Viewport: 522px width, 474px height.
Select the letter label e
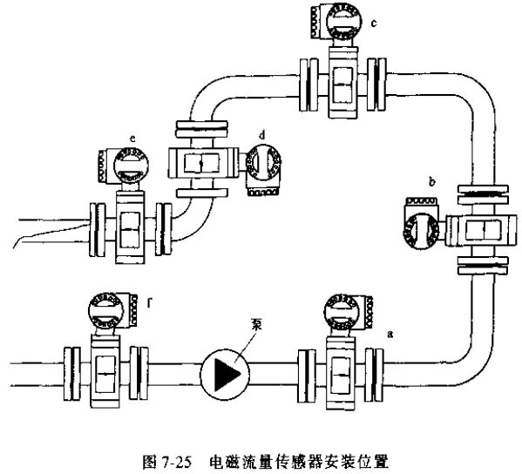click(x=131, y=139)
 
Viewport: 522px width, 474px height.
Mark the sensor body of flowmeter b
click(x=481, y=229)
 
